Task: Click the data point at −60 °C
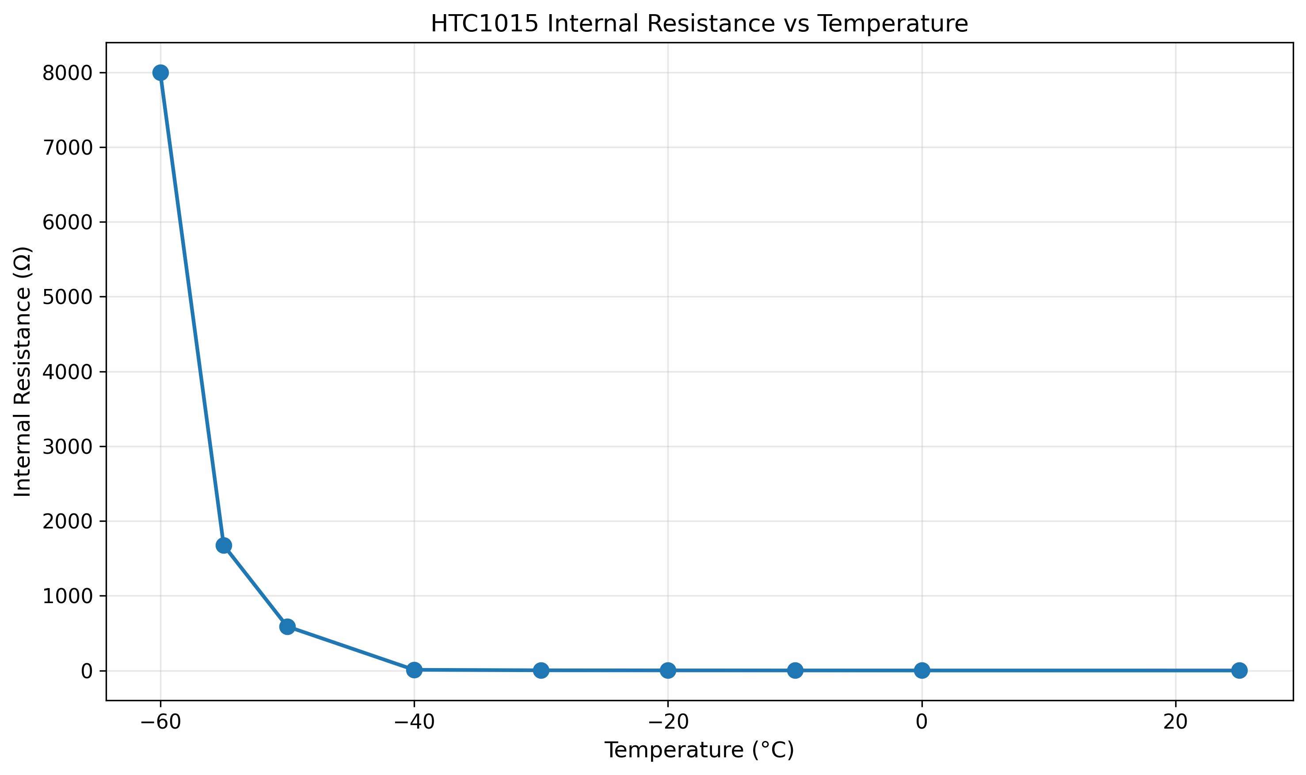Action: click(160, 72)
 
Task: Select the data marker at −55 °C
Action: click(224, 546)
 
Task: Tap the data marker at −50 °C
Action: click(287, 627)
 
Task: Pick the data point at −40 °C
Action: click(414, 669)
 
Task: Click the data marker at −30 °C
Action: click(541, 670)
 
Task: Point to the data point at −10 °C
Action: click(795, 670)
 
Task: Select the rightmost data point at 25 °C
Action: click(1239, 670)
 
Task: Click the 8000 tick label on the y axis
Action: click(67, 74)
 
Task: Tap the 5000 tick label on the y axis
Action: click(67, 298)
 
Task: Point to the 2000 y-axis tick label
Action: click(67, 522)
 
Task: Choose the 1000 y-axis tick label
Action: click(67, 596)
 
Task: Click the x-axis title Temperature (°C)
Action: click(699, 750)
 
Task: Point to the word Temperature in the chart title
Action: click(892, 23)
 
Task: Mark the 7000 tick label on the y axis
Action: click(67, 148)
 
